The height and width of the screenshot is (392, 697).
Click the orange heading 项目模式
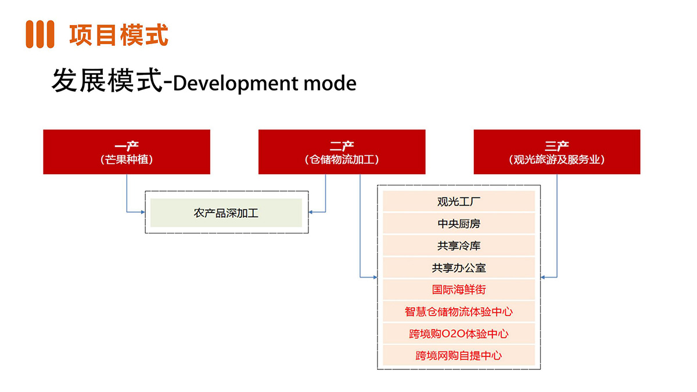(x=118, y=34)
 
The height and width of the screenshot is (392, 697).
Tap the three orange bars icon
(x=40, y=34)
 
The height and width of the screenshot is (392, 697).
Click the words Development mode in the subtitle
(x=264, y=83)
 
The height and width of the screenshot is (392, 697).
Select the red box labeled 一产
(x=127, y=152)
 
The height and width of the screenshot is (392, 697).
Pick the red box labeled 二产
(x=342, y=152)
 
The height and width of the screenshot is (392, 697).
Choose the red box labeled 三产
(x=557, y=152)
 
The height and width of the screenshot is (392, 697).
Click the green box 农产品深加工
(x=226, y=213)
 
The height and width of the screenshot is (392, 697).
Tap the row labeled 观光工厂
(x=459, y=202)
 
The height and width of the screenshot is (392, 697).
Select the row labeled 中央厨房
(x=459, y=224)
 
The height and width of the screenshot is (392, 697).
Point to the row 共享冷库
(x=459, y=246)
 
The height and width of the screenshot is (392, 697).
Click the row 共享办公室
(x=459, y=268)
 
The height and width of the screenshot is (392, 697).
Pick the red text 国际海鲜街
(x=459, y=290)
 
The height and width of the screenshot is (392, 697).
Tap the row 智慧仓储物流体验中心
(x=459, y=311)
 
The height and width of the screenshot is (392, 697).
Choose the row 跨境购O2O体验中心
(x=459, y=333)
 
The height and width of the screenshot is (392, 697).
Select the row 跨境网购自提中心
(x=459, y=355)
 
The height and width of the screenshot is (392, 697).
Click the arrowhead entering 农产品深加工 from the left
(x=143, y=212)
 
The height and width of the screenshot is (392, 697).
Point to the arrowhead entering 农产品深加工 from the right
(x=311, y=212)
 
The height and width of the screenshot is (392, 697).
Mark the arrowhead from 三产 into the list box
(x=542, y=277)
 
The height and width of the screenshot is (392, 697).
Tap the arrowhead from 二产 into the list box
(x=375, y=277)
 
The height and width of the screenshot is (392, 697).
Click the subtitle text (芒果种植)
(x=127, y=160)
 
